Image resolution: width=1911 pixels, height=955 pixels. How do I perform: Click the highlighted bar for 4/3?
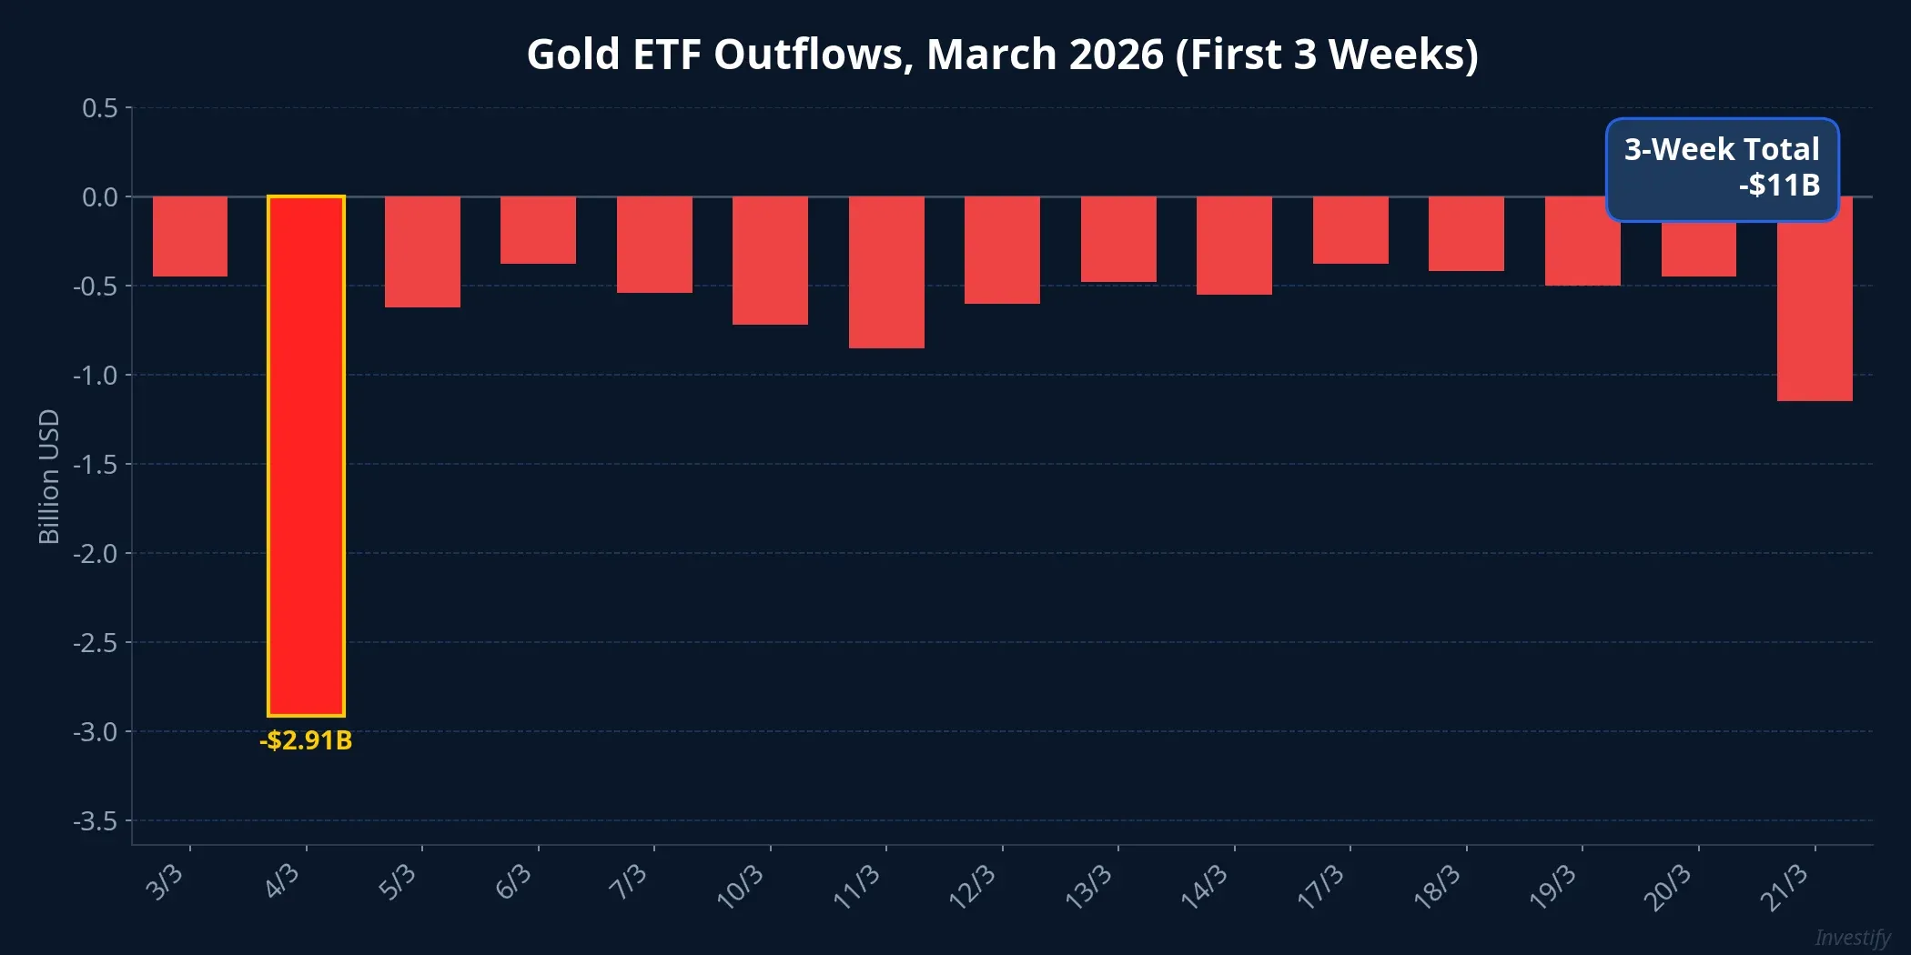tap(306, 455)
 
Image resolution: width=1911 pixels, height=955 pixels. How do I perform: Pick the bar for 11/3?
tap(886, 272)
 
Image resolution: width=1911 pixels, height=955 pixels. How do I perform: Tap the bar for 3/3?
tap(190, 236)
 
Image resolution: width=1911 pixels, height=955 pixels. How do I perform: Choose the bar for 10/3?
tap(770, 260)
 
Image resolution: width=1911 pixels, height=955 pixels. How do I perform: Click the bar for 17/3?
tap(1350, 230)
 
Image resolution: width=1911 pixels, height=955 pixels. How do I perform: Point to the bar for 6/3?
tap(538, 230)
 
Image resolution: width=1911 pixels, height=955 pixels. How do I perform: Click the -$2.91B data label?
tap(306, 740)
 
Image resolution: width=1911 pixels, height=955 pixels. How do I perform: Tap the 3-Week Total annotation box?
tap(1722, 169)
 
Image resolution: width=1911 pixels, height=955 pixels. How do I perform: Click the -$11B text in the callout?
tap(1779, 186)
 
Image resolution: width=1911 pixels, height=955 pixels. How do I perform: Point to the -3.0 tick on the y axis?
tap(96, 732)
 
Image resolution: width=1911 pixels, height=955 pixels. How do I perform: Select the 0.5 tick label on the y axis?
tap(100, 108)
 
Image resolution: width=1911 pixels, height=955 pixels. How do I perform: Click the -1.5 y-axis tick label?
tap(96, 465)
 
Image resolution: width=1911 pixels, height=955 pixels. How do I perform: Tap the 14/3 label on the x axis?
tap(1204, 887)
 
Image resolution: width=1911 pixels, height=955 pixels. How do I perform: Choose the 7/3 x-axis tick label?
tap(628, 882)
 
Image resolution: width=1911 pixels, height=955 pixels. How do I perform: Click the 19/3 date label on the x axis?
tap(1552, 887)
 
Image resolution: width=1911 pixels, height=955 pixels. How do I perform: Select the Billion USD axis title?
tap(49, 477)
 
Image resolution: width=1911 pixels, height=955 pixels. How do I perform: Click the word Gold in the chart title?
tap(573, 55)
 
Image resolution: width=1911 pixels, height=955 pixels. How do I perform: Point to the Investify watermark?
tap(1852, 937)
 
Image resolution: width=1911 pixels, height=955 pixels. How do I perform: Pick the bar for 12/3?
tap(1002, 250)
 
